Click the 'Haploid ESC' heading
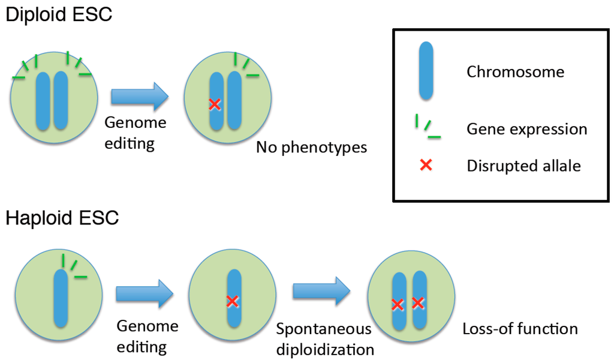(x=62, y=218)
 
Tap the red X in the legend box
(x=426, y=165)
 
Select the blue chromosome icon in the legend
(x=426, y=71)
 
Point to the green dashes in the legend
(x=427, y=128)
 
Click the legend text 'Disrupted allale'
(x=523, y=166)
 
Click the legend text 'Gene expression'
(x=526, y=129)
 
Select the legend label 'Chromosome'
(x=515, y=72)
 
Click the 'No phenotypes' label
(x=311, y=147)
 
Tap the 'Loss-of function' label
(x=520, y=329)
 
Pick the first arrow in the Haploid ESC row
(x=145, y=294)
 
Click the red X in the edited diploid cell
(x=215, y=104)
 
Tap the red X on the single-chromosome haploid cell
(x=233, y=301)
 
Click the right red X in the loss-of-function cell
(x=418, y=303)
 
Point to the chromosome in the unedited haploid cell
(x=61, y=298)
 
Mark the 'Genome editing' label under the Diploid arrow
(x=135, y=133)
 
